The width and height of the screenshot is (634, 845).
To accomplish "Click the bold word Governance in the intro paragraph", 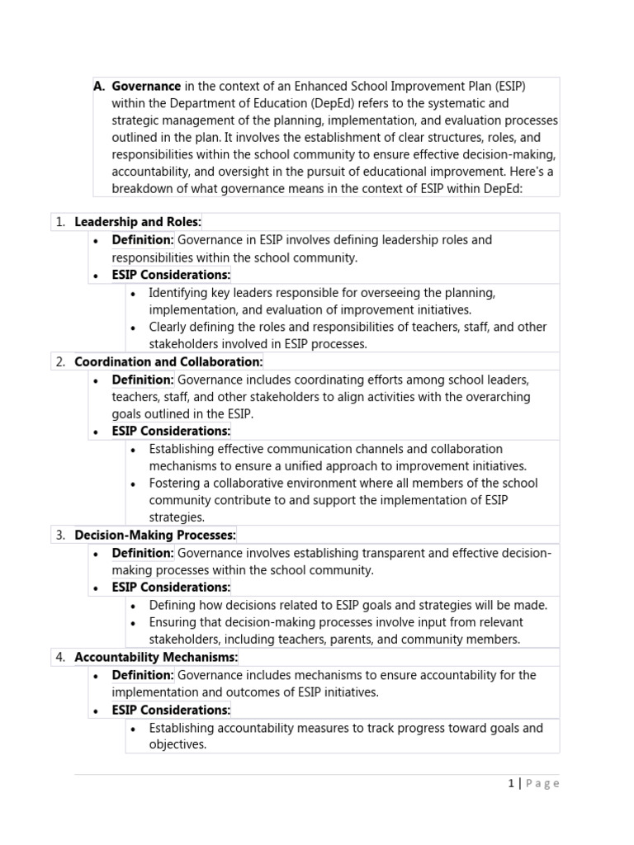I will (146, 86).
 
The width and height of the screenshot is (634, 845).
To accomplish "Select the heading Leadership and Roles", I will (137, 221).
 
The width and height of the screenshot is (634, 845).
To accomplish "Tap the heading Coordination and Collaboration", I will (168, 361).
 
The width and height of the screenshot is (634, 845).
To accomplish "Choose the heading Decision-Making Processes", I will (154, 535).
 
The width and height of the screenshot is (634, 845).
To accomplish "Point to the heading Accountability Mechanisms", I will (155, 657).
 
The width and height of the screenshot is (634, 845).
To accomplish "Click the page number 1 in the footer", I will (511, 783).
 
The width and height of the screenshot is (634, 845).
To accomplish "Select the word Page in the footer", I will (542, 783).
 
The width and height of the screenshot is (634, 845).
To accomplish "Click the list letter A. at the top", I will (99, 86).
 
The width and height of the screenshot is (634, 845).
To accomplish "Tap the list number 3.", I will (60, 535).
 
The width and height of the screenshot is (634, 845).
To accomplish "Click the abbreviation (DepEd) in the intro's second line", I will (311, 103).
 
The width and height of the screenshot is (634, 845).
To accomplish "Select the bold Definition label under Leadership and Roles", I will (143, 239).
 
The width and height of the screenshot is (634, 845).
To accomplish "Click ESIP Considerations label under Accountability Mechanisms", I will (171, 710).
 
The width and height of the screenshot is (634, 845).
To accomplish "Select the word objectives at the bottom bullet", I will (177, 744).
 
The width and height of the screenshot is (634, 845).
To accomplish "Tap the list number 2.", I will (60, 361).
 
